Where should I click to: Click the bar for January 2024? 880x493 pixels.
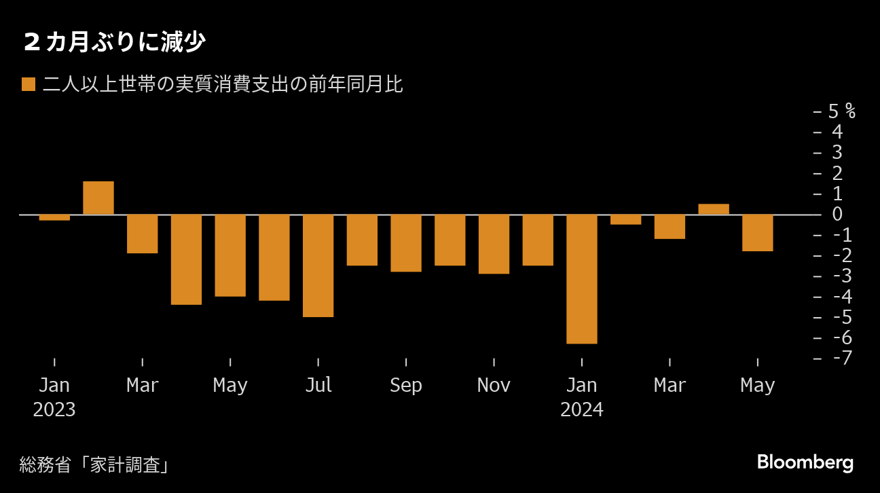tap(582, 279)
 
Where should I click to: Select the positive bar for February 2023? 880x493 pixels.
tap(98, 198)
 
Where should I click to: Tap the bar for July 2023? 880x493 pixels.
tap(318, 266)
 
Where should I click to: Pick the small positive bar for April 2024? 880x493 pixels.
tap(714, 209)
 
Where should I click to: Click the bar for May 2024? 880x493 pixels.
tap(757, 233)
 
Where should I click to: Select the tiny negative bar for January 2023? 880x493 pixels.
tap(54, 217)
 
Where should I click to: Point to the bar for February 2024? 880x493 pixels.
tap(625, 219)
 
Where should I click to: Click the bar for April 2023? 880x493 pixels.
tap(186, 259)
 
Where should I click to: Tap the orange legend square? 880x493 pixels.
tap(29, 85)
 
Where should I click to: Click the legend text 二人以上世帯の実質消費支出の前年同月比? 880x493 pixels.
tap(223, 85)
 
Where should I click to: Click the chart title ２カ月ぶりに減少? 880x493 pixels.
tap(114, 43)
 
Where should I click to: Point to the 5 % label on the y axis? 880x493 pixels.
tap(841, 111)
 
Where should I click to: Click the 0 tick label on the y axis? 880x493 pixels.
tap(837, 214)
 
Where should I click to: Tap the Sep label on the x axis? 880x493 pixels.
tap(406, 386)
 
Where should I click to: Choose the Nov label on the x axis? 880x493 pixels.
tap(494, 386)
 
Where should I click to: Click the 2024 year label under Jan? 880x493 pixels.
tap(582, 410)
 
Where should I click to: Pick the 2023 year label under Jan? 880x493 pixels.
tap(54, 410)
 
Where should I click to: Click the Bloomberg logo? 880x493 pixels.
tap(805, 463)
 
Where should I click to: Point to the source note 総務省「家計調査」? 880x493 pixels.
tap(94, 465)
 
